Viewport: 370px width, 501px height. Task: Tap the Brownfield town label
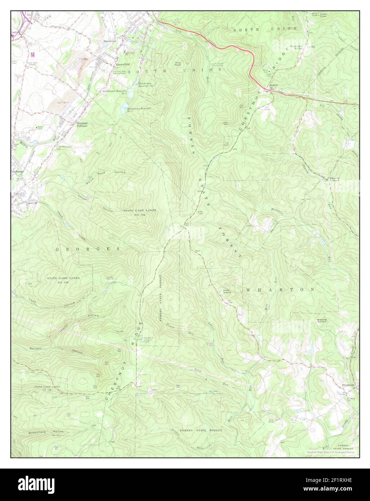coord(122,65)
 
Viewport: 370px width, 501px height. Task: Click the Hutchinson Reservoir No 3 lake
coord(124,107)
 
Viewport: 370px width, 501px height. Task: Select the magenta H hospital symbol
coord(33,55)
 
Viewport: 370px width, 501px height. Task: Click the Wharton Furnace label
coord(334,180)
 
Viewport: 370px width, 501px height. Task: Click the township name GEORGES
coord(88,249)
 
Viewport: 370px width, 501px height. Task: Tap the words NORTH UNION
coord(265,28)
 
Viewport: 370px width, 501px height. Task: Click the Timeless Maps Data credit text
coord(331,452)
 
